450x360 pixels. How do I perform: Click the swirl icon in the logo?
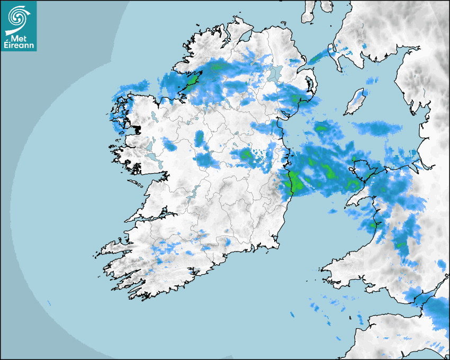[17, 17]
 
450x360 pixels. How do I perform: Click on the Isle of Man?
[356, 102]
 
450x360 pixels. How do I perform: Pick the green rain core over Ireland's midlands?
[245, 154]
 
